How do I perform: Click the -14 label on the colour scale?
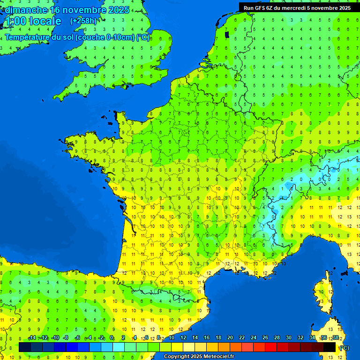[x=32, y=337]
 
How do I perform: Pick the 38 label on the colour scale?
[x=335, y=337]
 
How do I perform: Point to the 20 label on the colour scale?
[x=230, y=337]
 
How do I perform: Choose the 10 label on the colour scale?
[x=172, y=337]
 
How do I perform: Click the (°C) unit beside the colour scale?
[x=345, y=348]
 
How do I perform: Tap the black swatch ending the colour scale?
[x=330, y=347]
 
